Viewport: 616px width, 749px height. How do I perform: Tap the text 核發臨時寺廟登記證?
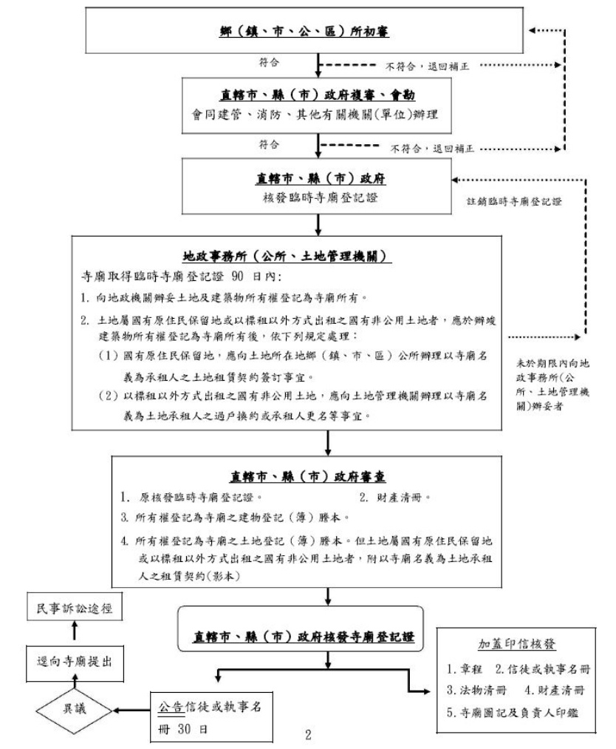(x=317, y=198)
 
